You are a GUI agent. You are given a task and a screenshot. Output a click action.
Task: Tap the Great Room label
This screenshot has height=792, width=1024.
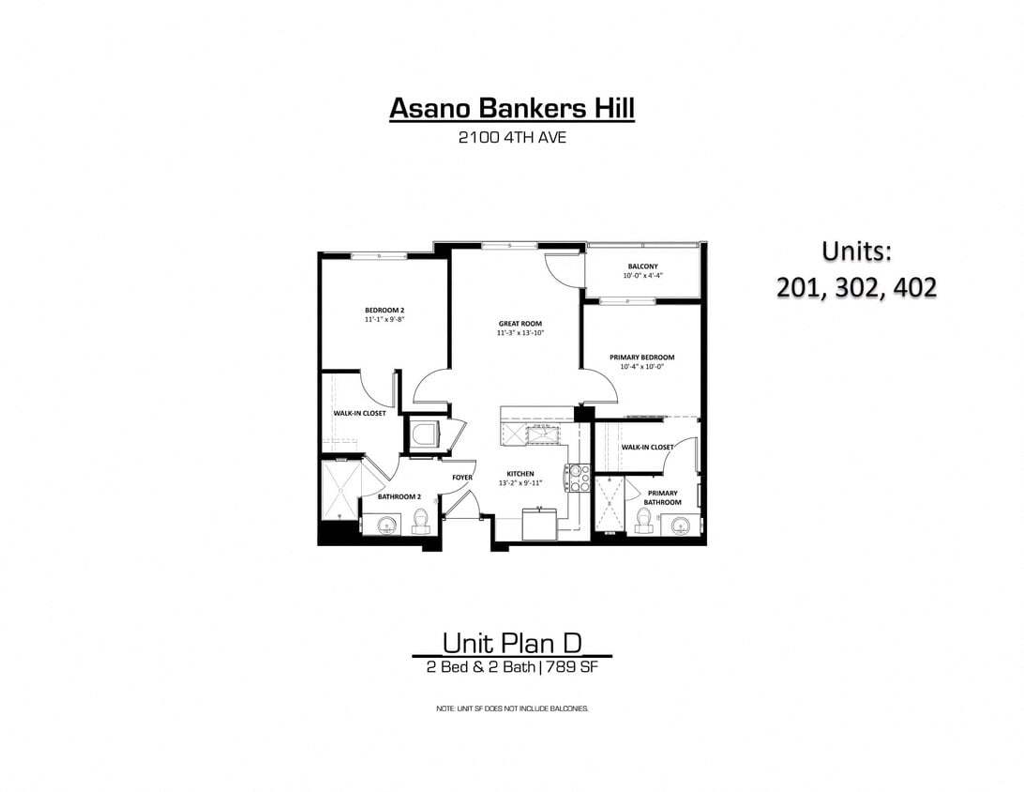click(x=520, y=324)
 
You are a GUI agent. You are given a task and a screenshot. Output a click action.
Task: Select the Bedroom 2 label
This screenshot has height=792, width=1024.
click(x=384, y=310)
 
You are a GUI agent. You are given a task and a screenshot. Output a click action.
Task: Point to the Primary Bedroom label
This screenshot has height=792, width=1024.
click(x=641, y=358)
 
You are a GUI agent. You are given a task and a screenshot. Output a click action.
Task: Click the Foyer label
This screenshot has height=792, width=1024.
click(x=462, y=478)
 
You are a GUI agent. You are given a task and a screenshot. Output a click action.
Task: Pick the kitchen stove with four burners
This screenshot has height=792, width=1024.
click(x=579, y=478)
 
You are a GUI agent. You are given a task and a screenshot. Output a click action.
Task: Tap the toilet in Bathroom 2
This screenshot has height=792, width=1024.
click(x=420, y=518)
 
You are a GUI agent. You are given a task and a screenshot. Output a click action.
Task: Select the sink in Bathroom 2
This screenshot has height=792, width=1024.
click(x=388, y=525)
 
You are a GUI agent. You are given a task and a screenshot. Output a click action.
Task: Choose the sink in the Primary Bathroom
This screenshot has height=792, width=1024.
click(x=680, y=524)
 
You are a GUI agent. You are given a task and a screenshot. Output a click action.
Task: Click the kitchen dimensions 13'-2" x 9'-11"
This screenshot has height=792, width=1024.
click(x=520, y=483)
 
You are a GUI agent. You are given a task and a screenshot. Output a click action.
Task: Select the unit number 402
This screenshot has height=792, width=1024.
click(x=912, y=287)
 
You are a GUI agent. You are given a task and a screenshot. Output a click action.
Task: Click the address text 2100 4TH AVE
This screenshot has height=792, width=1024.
click(x=512, y=139)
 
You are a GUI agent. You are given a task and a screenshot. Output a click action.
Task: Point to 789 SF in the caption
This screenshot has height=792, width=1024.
click(x=572, y=668)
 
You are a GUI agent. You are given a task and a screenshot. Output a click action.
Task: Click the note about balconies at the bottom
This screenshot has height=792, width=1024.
click(x=512, y=708)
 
